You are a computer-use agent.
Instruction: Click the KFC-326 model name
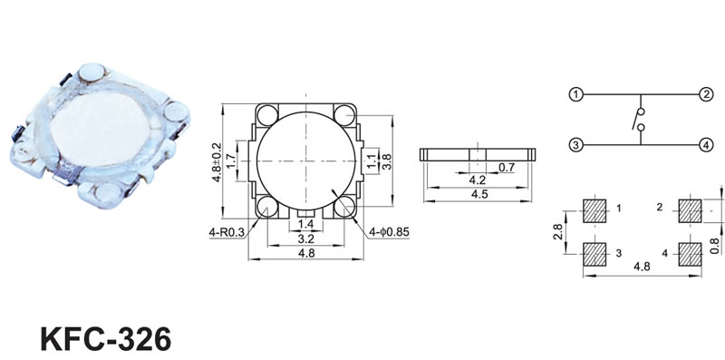106,339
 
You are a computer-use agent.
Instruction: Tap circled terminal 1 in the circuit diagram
575,95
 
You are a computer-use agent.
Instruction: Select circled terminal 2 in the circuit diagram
705,95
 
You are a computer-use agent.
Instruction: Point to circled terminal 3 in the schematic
575,145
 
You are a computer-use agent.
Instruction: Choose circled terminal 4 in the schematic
705,145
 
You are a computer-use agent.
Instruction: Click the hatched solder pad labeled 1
594,211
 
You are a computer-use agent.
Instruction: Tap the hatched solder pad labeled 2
690,211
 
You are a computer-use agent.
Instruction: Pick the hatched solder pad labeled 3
594,255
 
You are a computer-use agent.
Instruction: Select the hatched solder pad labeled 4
690,255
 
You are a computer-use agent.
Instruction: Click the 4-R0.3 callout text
227,233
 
